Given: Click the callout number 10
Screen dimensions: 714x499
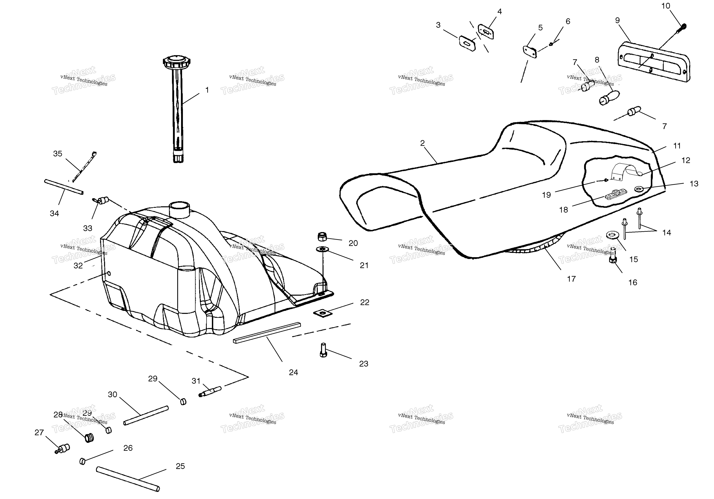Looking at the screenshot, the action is tap(666, 6).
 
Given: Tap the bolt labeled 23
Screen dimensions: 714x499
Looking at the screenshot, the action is tap(323, 350).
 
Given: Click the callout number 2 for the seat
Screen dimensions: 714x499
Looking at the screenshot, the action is tap(422, 143).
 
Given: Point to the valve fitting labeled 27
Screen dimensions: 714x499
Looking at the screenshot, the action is tap(62, 449).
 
